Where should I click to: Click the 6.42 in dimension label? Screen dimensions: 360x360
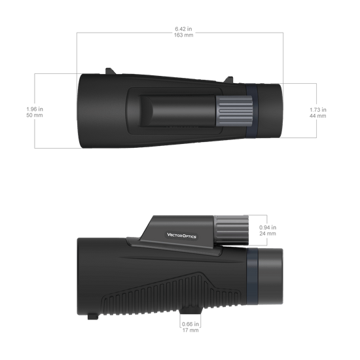[183, 29]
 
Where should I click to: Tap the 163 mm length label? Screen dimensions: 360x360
[183, 35]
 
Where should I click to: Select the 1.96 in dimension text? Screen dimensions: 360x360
[35, 109]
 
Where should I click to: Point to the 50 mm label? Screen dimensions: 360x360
[35, 115]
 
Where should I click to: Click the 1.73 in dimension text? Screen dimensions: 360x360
[318, 110]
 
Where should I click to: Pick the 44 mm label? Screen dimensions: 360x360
[318, 116]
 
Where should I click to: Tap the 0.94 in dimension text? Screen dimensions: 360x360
[268, 227]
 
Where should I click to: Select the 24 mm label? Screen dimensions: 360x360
[268, 234]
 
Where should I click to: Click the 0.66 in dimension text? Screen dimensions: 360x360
[190, 324]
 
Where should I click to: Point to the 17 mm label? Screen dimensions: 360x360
[190, 330]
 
